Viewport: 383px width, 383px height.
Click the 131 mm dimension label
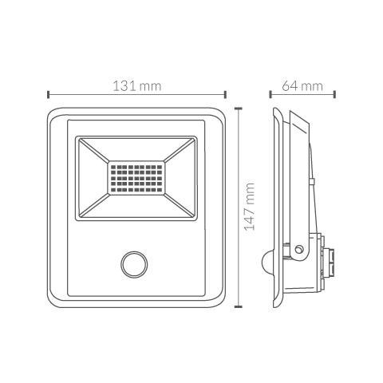coord(137,86)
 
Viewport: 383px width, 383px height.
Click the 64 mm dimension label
coord(302,86)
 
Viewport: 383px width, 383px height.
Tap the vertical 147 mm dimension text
coord(250,207)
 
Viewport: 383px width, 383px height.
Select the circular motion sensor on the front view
coord(134,264)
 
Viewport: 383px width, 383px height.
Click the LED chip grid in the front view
coord(136,178)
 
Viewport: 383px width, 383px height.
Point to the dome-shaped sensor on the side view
coord(267,260)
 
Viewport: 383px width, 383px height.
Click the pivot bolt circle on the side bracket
coord(299,249)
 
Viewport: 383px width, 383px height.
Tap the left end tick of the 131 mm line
coord(48,94)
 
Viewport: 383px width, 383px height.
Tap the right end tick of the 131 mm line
coord(225,94)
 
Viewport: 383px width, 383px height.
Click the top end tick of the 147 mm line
coord(238,109)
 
